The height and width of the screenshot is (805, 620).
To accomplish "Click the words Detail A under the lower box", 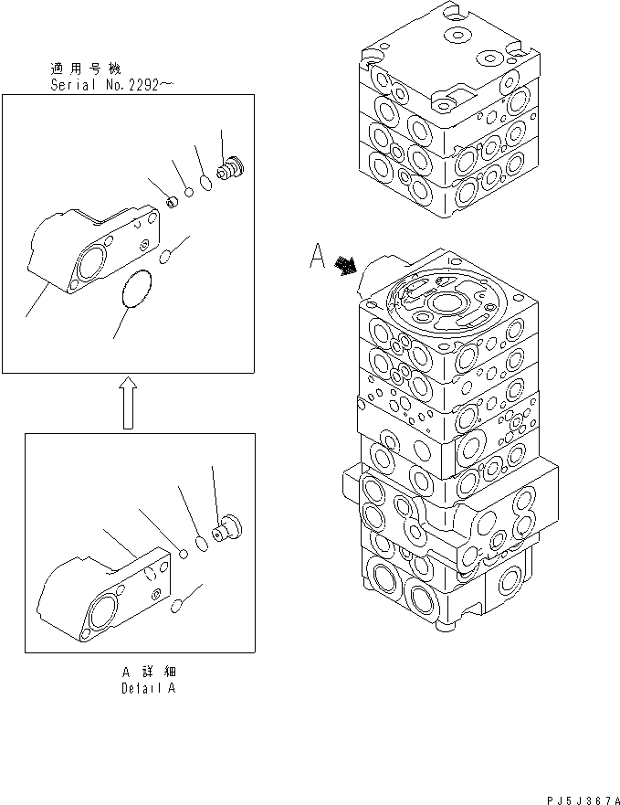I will pos(147,688).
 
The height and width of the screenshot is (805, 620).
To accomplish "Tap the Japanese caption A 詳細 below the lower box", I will pos(147,672).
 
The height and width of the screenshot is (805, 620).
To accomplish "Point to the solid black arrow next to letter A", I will pos(346,265).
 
